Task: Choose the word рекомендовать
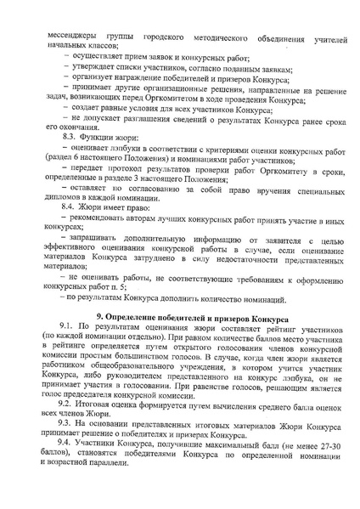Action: (100, 240)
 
